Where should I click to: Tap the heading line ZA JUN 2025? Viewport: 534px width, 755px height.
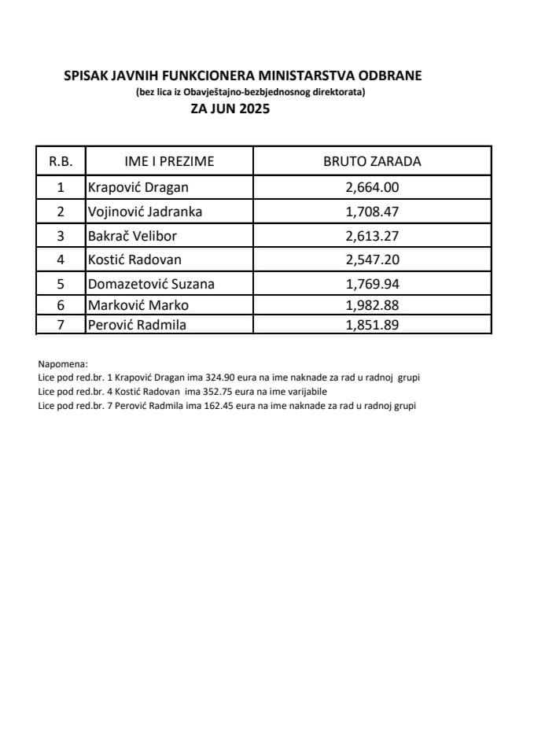tap(230, 109)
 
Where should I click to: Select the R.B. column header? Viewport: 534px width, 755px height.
tap(61, 161)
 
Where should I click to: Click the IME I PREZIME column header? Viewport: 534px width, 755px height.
tap(169, 161)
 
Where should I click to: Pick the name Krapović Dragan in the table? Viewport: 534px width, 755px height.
tap(138, 187)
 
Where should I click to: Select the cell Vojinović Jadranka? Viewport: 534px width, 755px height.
tap(145, 211)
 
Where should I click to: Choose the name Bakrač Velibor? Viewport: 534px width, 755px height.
tap(133, 235)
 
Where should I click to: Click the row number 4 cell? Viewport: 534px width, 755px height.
tap(61, 260)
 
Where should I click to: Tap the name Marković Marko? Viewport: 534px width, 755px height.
tap(138, 305)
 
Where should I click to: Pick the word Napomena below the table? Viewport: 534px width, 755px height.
tap(63, 364)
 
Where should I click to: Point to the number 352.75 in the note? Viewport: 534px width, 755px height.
tap(223, 391)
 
